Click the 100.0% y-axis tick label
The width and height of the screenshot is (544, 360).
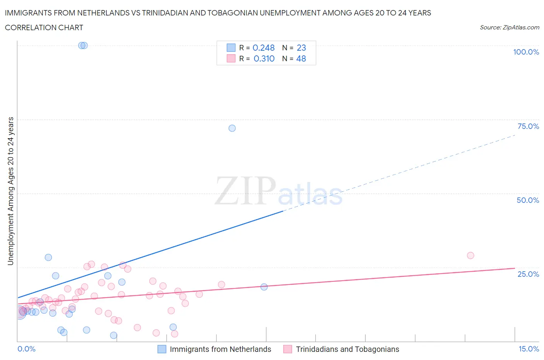pos(526,52)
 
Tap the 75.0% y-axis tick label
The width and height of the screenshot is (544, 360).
pos(528,126)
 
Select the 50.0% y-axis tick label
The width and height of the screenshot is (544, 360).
pos(528,200)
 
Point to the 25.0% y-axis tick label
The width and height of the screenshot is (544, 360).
pos(528,274)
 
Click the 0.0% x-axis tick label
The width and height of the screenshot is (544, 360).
pos(26,349)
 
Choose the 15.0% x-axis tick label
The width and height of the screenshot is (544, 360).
pos(529,349)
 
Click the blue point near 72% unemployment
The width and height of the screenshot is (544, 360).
pos(232,128)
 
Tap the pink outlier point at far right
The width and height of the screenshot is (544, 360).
pos(470,255)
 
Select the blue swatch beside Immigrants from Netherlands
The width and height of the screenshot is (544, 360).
pos(162,349)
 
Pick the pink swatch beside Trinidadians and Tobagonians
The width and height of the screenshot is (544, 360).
pos(287,349)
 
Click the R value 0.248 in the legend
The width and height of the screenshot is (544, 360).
pos(263,48)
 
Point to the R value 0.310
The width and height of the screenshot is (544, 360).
pos(264,58)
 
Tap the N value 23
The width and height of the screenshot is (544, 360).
pos(301,48)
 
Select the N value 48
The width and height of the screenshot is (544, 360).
pos(301,58)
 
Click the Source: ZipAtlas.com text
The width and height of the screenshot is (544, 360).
pos(509,27)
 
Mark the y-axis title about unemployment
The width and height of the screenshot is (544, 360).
pos(11,191)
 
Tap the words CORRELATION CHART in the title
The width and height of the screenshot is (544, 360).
pos(44,27)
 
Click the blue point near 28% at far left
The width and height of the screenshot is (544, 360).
pos(48,257)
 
